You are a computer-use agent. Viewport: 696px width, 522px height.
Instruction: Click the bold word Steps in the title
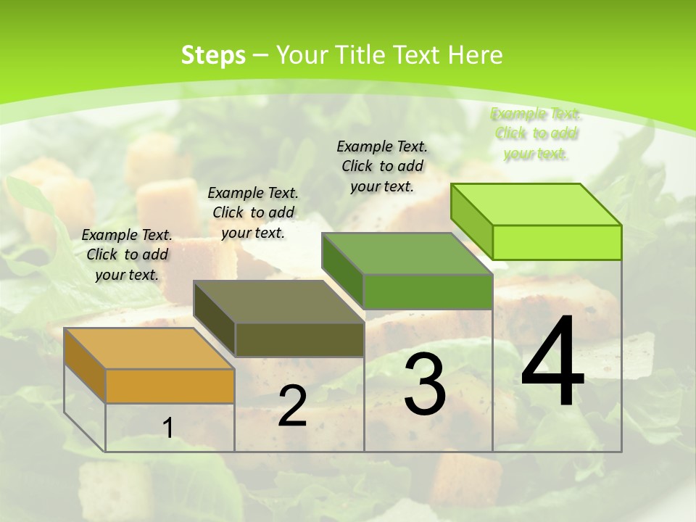click(x=213, y=55)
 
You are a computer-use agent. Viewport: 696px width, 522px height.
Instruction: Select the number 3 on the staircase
click(x=425, y=384)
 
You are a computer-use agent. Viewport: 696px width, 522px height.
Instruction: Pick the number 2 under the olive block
click(x=292, y=407)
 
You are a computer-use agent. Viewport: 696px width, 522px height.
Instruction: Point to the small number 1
click(x=168, y=428)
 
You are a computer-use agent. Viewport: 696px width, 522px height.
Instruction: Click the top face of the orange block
click(x=149, y=349)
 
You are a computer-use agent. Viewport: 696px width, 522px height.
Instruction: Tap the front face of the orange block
click(x=170, y=386)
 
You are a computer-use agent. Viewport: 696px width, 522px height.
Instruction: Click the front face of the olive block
click(x=299, y=339)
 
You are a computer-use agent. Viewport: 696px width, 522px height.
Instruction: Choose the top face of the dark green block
click(x=407, y=254)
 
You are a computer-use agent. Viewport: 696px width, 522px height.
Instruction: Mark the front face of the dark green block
click(x=428, y=291)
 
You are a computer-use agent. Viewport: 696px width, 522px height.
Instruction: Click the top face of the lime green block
click(x=536, y=204)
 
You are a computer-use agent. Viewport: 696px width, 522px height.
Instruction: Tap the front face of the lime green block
click(x=557, y=242)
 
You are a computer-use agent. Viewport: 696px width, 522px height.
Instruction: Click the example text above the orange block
click(x=127, y=254)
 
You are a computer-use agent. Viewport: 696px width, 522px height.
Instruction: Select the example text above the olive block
click(x=253, y=212)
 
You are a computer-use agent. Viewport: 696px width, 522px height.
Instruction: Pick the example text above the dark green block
click(x=382, y=166)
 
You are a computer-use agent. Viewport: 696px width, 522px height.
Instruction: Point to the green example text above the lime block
click(x=536, y=133)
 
